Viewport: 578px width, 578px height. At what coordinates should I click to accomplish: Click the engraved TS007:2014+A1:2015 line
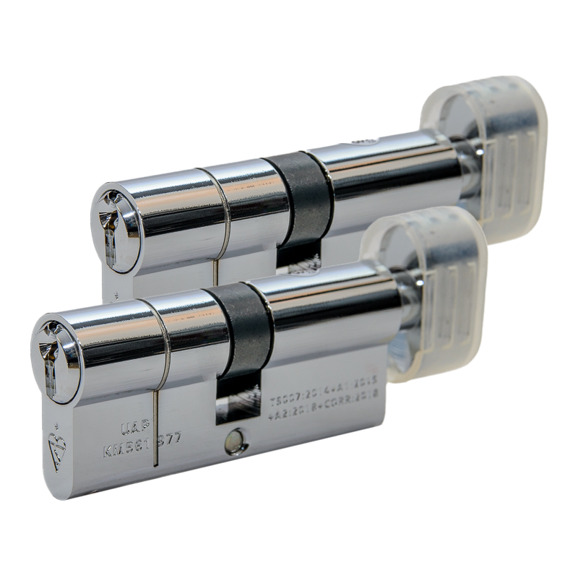click(323, 400)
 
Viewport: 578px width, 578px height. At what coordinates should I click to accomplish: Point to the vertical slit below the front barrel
click(155, 426)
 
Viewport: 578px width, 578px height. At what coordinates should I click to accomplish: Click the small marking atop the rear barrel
click(365, 139)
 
